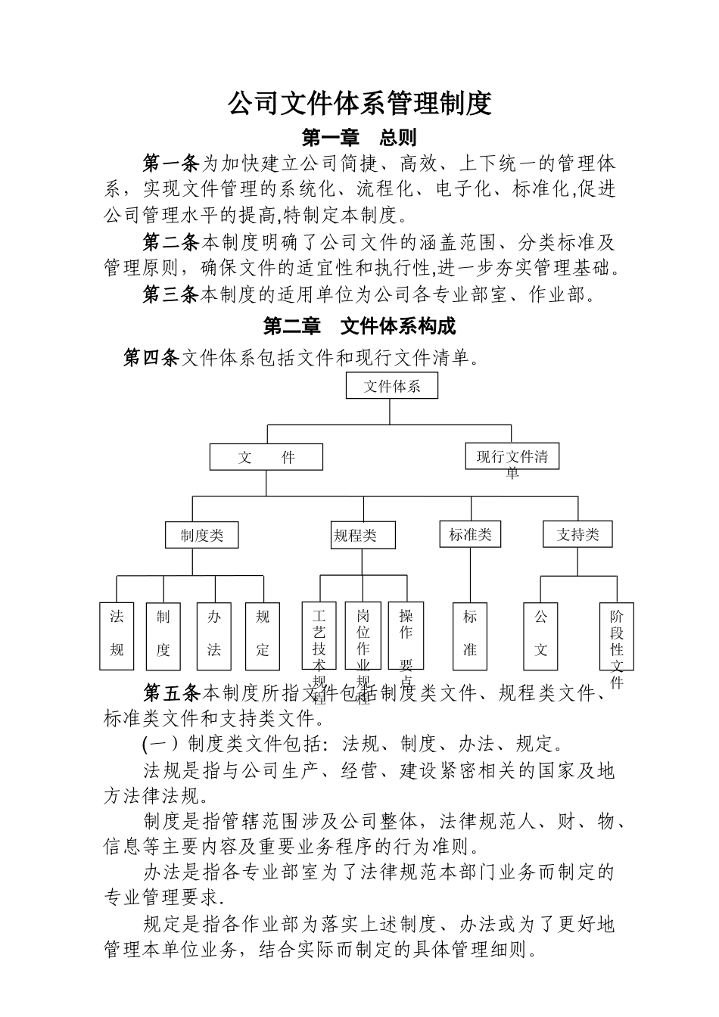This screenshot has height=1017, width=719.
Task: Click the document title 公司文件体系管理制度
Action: tap(359, 103)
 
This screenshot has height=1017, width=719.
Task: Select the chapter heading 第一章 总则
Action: tap(359, 137)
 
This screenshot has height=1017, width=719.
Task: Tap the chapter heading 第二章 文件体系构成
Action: tap(359, 326)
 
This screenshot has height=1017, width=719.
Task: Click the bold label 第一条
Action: tap(171, 163)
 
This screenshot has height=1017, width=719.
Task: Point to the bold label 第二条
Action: tap(171, 243)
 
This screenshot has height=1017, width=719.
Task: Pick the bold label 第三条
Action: tap(171, 294)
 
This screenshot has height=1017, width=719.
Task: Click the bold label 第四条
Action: tap(151, 357)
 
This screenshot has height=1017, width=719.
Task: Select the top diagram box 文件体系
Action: tap(391, 386)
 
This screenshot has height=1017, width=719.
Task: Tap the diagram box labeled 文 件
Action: tap(266, 457)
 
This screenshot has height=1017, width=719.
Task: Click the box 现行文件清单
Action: tap(512, 457)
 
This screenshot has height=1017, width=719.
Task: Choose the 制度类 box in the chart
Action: tap(202, 535)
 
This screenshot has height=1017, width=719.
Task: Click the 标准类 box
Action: tap(470, 534)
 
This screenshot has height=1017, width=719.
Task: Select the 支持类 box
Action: tap(577, 535)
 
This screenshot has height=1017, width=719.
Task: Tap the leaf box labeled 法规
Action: tap(117, 636)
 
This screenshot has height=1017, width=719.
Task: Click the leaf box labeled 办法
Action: tap(214, 636)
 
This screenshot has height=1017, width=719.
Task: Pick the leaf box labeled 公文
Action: tap(541, 636)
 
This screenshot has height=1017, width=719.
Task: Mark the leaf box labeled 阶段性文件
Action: tap(617, 636)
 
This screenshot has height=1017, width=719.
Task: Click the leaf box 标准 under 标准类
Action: tap(470, 636)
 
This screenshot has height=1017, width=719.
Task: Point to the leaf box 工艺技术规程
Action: tap(319, 636)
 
